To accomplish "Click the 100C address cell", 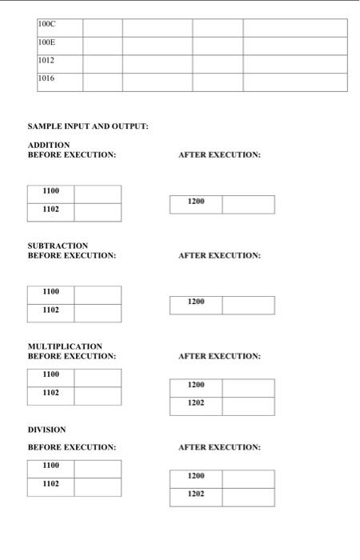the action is pyautogui.click(x=59, y=28).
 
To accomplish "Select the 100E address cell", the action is pyautogui.click(x=59, y=46).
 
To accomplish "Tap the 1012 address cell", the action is pyautogui.click(x=59, y=64).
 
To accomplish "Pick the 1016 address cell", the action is pyautogui.click(x=59, y=82).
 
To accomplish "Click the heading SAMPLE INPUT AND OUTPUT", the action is pyautogui.click(x=88, y=126).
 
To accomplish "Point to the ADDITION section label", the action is pyautogui.click(x=49, y=145).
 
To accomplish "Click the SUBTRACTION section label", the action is pyautogui.click(x=58, y=246).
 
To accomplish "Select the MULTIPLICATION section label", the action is pyautogui.click(x=65, y=346).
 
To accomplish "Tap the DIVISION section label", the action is pyautogui.click(x=46, y=430).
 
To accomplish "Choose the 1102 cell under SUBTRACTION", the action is pyautogui.click(x=50, y=310).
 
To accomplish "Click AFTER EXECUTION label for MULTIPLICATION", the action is pyautogui.click(x=219, y=356).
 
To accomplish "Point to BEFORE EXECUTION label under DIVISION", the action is pyautogui.click(x=72, y=447).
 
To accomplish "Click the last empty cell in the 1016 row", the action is pyautogui.click(x=295, y=82).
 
